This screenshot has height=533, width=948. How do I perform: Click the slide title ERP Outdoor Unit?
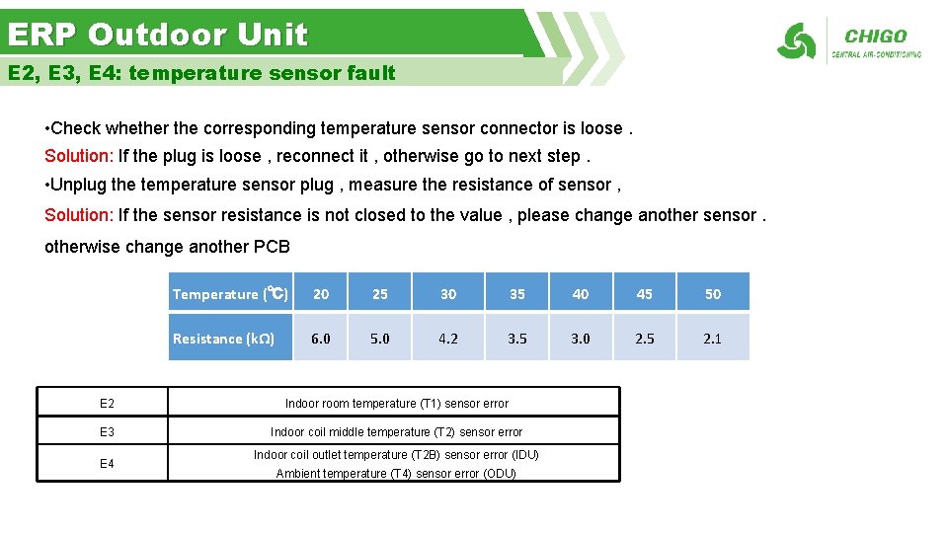click(158, 35)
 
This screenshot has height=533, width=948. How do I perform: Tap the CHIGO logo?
click(849, 41)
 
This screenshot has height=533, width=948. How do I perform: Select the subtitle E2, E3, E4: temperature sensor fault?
click(201, 73)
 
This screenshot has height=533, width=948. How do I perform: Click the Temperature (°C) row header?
click(231, 293)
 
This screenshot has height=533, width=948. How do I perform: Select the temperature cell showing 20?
click(321, 293)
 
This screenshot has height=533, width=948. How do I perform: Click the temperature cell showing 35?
click(516, 293)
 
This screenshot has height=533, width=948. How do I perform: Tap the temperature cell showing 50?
click(712, 293)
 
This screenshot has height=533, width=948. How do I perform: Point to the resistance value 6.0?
click(321, 338)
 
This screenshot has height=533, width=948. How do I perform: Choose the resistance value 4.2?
click(448, 338)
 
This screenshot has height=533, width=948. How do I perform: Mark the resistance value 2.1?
click(712, 338)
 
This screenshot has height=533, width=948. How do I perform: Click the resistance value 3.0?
click(581, 338)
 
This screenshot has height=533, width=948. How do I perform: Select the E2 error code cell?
click(107, 403)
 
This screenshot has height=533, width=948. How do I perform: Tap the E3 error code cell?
click(107, 431)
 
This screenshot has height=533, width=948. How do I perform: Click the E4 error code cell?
click(107, 464)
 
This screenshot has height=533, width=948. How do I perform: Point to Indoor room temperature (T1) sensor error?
click(396, 403)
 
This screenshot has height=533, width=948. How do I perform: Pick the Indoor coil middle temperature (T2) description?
click(396, 431)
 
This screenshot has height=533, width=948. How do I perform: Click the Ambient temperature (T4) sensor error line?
click(396, 474)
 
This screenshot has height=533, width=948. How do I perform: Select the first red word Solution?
click(79, 156)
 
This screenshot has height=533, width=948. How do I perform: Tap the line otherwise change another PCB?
click(167, 247)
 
